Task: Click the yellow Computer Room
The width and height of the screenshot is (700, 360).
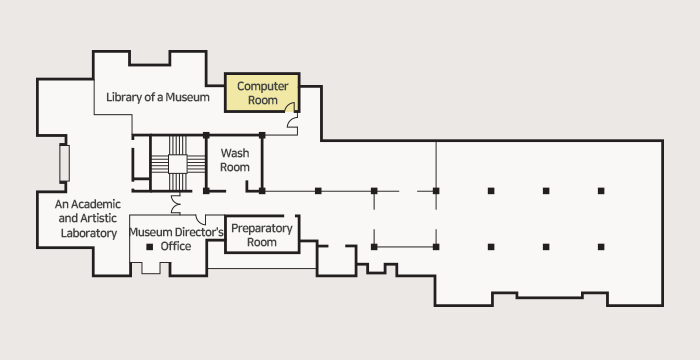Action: click(x=262, y=92)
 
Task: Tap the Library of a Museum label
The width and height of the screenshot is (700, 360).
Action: click(x=158, y=97)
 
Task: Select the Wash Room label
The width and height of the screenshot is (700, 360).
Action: click(x=235, y=160)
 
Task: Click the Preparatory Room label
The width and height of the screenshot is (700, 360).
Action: click(x=262, y=235)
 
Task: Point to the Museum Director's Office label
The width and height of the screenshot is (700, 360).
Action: click(x=176, y=239)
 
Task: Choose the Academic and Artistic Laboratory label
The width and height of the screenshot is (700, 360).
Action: click(x=88, y=218)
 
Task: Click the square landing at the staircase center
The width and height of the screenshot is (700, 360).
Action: click(x=178, y=164)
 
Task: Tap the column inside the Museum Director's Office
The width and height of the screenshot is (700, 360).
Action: click(x=150, y=247)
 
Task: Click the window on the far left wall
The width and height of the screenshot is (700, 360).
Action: click(x=64, y=163)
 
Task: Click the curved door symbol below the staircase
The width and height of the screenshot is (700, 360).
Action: click(x=175, y=203)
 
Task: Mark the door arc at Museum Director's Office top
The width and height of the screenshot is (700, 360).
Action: click(x=200, y=219)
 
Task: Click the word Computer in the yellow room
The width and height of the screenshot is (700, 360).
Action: click(x=262, y=86)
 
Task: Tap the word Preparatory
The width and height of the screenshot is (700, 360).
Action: click(x=262, y=228)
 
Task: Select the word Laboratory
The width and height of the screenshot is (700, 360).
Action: click(x=89, y=233)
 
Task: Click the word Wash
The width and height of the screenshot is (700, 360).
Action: click(x=235, y=153)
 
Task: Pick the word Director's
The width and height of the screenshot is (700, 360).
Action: click(x=199, y=232)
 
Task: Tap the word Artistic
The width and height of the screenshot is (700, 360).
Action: click(x=98, y=218)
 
